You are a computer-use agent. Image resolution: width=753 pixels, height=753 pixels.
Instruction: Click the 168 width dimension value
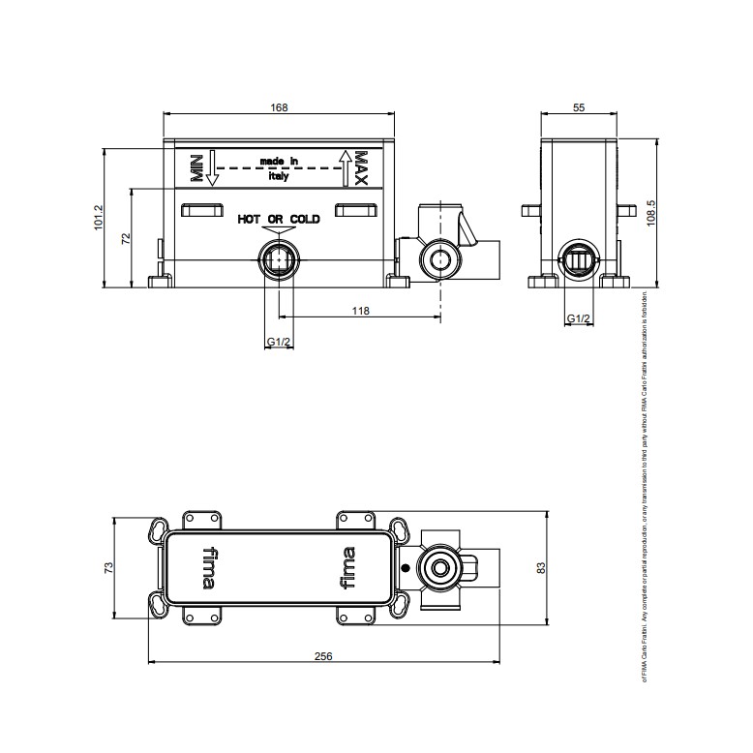279,108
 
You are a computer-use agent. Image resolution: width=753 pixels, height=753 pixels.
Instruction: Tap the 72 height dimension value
125,239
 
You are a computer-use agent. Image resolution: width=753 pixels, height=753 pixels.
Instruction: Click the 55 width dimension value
579,108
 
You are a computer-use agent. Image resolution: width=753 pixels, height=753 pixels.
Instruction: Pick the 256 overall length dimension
323,655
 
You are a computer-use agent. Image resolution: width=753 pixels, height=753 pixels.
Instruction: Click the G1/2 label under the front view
279,342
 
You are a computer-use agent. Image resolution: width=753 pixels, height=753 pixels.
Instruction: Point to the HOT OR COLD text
279,221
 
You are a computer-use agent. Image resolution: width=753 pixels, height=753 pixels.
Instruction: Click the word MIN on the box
196,168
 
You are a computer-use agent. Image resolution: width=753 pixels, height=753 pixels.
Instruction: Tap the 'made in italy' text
279,168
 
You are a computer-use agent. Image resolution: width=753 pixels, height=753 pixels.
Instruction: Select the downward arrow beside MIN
214,168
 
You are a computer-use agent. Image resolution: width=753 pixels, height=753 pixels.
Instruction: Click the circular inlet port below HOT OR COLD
279,259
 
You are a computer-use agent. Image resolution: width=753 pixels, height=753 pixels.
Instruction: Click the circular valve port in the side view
579,259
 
